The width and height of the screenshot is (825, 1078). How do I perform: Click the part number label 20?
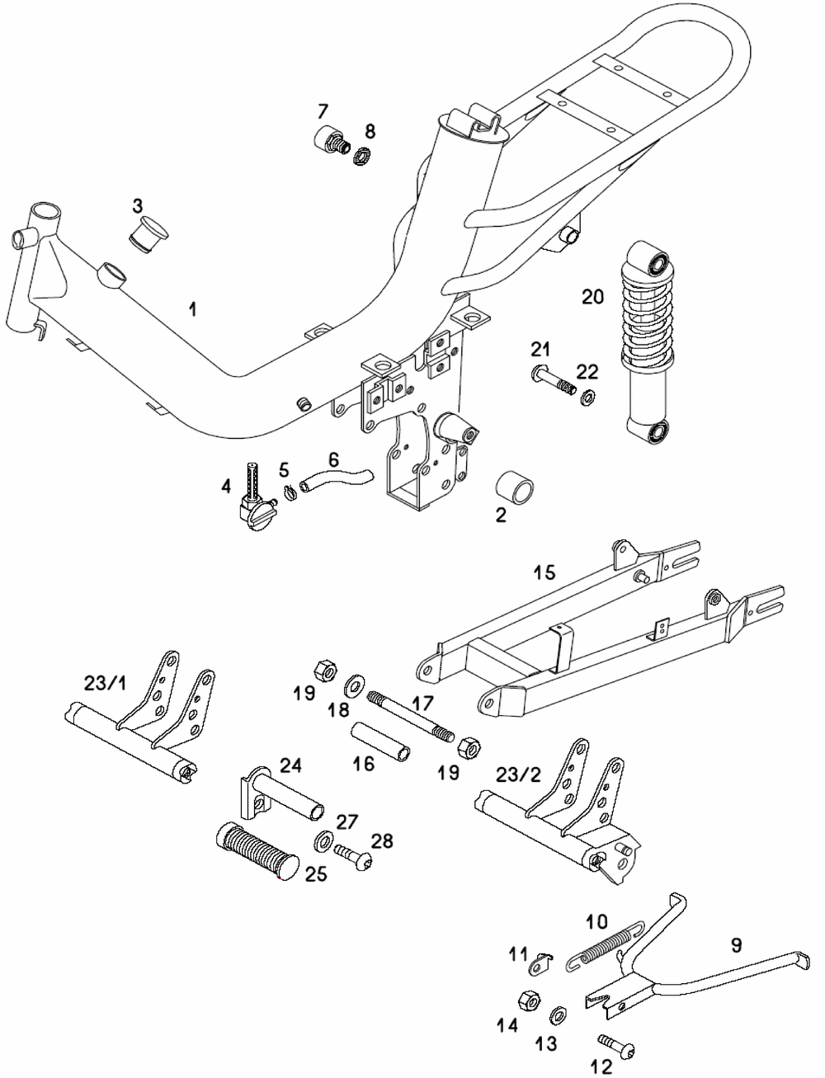592,297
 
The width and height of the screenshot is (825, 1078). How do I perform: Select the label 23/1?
105,683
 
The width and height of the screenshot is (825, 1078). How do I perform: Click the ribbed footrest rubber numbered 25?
258,853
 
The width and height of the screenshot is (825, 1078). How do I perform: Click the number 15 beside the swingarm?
544,572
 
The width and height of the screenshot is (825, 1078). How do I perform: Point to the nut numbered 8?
362,156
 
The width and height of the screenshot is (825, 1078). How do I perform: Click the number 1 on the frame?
193,309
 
